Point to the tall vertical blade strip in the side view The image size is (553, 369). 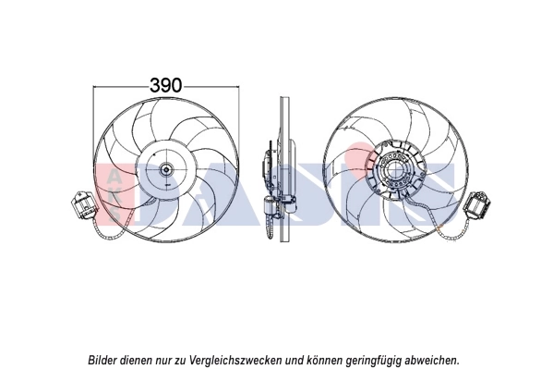click(283, 171)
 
